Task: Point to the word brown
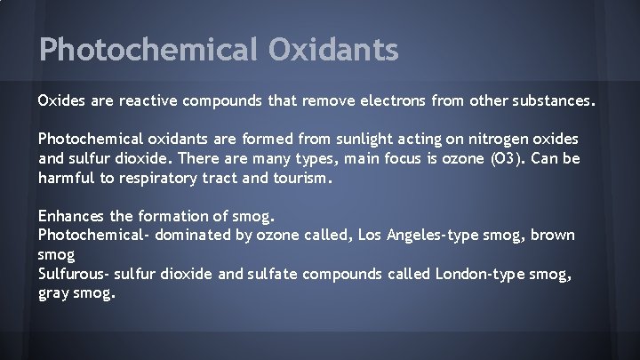(x=553, y=235)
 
